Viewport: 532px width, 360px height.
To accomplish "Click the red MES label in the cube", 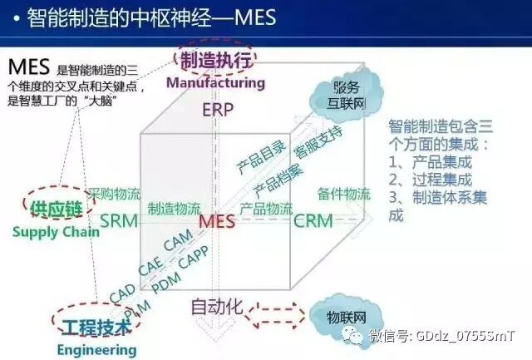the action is coord(217,222).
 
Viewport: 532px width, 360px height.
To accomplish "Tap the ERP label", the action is coord(218,109).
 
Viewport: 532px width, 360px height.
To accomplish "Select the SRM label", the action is coord(119,221).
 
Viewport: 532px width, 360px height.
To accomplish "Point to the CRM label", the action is coord(313,221).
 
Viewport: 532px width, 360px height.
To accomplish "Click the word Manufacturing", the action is coord(214,83).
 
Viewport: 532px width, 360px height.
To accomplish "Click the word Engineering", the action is coord(96,350).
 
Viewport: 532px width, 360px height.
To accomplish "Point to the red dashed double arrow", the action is coord(272,317).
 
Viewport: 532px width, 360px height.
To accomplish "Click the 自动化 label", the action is coord(216,307).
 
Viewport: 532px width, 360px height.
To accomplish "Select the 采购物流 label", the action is coord(115,194).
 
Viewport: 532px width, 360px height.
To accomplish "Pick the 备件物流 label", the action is coord(343,195).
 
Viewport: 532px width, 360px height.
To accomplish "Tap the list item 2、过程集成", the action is coord(430,179).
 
